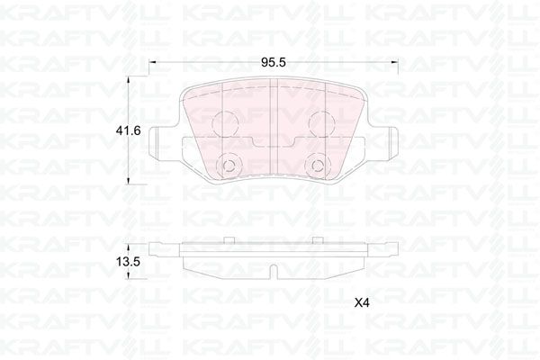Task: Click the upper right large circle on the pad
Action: (319, 124)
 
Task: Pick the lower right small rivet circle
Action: (318, 166)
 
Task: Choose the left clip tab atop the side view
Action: (229, 240)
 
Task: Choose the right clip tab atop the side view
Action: (317, 240)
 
